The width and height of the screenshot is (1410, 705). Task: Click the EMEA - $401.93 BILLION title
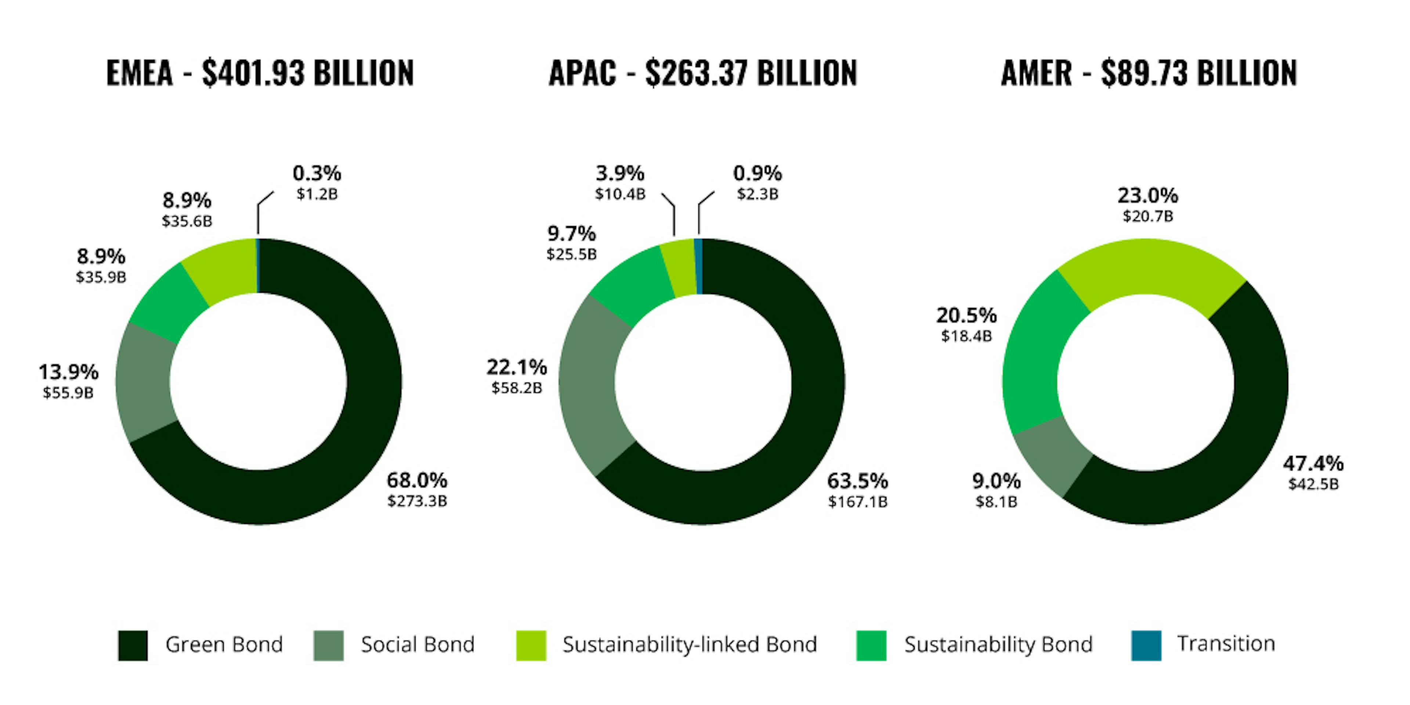(260, 73)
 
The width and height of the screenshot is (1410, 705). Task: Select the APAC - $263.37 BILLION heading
(703, 73)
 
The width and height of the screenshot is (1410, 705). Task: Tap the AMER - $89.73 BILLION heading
(1149, 73)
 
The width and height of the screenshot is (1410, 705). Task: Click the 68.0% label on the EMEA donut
(417, 481)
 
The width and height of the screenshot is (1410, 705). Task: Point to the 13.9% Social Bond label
(68, 372)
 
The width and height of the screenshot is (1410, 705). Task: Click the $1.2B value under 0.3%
(317, 194)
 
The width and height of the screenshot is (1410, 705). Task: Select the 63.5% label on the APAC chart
(857, 481)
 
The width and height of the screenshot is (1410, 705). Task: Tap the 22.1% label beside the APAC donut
(517, 367)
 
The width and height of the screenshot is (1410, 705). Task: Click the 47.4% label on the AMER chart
(1313, 464)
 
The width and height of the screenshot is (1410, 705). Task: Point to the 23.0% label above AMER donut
(1148, 195)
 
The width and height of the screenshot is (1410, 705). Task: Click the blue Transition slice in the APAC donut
(698, 267)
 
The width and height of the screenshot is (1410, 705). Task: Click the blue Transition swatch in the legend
(1146, 646)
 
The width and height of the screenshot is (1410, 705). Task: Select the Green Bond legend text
(224, 645)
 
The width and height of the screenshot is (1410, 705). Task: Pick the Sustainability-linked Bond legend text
(690, 645)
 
